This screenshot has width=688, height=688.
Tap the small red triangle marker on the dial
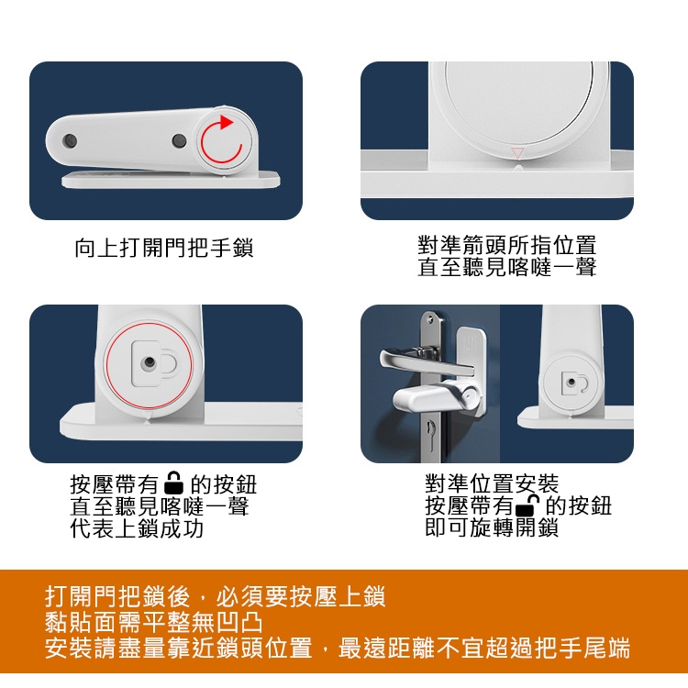(x=517, y=152)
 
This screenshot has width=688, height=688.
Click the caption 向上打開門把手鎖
(x=164, y=249)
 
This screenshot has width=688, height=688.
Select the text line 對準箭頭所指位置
(x=506, y=246)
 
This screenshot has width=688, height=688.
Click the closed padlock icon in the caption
(x=173, y=483)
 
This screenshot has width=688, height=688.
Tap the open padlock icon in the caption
(x=527, y=505)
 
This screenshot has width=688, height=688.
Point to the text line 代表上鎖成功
(x=137, y=528)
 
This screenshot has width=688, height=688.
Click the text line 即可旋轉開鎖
(x=492, y=527)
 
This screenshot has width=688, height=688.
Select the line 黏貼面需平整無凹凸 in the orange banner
(x=153, y=622)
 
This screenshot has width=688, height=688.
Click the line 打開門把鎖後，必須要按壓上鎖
(x=215, y=596)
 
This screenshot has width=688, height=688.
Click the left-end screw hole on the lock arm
(x=70, y=141)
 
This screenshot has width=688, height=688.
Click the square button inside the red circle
(x=150, y=363)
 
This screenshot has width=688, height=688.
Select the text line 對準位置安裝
(x=492, y=483)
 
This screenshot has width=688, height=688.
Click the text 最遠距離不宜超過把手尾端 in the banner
(x=484, y=648)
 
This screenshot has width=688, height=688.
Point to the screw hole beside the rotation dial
(x=179, y=141)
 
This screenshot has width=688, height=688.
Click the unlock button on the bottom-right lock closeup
(x=571, y=383)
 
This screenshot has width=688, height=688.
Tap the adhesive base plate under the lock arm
(x=172, y=180)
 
